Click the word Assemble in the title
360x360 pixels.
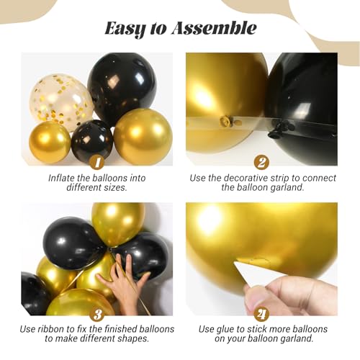(x=214, y=29)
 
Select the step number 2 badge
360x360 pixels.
(x=261, y=161)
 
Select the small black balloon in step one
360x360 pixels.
(x=91, y=139)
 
